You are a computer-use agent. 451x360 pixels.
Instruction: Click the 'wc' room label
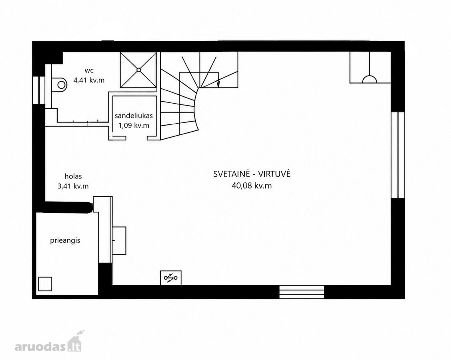pos(89,71)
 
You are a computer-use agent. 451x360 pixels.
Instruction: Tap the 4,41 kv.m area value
pos(89,80)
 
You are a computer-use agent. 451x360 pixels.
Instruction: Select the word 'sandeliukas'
pos(134,116)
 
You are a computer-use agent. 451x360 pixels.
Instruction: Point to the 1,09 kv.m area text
pos(134,125)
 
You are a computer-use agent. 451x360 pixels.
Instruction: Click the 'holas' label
pos(73,176)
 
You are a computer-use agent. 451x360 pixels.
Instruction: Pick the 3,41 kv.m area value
pos(73,186)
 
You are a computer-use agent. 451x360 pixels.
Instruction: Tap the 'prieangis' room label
pos(65,241)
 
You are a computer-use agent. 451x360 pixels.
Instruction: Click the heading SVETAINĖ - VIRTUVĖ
pos(252,174)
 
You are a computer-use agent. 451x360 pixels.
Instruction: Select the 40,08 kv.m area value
pos(252,186)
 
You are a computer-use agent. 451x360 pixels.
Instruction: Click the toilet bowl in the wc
pos(60,84)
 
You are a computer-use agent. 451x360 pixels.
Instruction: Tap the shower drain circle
pos(138,70)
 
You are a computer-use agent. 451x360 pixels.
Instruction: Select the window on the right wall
pos(398,155)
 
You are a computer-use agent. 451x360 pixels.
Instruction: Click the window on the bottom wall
pos(302,292)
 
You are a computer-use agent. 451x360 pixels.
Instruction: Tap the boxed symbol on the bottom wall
pos(171,278)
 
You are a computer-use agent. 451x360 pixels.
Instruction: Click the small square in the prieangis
pos(45,284)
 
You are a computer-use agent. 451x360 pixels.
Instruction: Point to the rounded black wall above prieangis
pos(68,207)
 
